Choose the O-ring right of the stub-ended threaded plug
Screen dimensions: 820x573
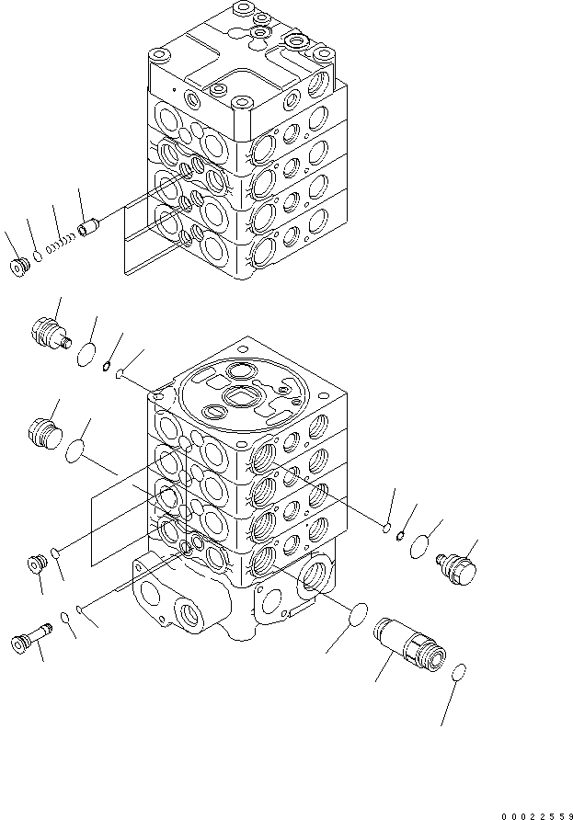point(87,355)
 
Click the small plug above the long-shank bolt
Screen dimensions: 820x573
point(39,563)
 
